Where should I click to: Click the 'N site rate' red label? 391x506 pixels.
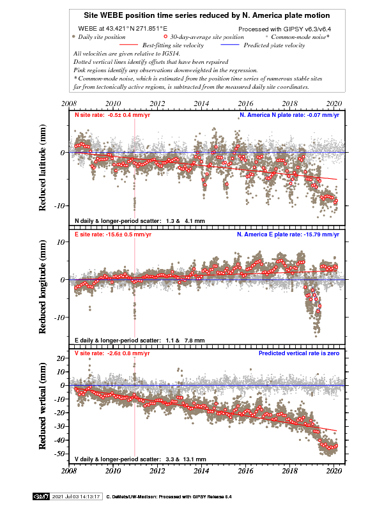pos(112,116)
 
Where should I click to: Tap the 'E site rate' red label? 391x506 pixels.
pos(113,234)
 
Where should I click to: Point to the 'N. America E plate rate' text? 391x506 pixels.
pos(287,234)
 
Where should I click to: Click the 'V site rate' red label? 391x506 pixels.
pos(112,353)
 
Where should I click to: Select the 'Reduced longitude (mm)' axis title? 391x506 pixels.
pos(43,289)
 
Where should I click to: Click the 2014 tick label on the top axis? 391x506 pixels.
pos(201,103)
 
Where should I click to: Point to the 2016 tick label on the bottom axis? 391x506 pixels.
pos(246,471)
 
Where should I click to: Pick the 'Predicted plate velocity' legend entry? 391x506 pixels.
pos(277,45)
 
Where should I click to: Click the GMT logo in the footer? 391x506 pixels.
pos(41,496)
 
